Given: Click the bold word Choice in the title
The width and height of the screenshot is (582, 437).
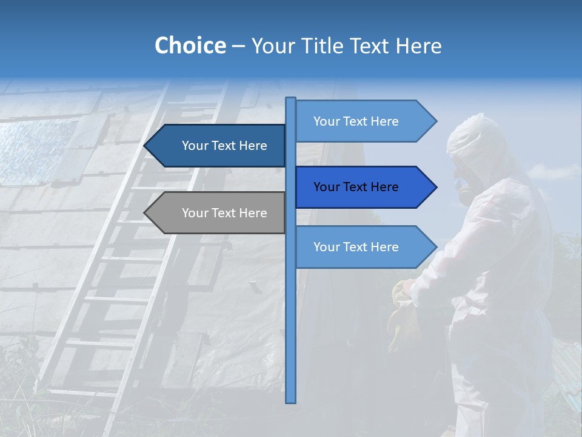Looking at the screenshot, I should tap(190, 46).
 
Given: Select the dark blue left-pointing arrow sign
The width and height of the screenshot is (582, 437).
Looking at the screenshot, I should tap(218, 146).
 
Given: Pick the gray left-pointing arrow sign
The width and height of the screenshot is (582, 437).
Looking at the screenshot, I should tap(218, 213).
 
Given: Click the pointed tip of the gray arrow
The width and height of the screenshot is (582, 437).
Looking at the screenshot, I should tap(146, 213).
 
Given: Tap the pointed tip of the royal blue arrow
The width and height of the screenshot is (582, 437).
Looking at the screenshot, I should tap(435, 187).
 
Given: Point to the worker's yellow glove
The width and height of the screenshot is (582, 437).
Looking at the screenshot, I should tap(403, 316).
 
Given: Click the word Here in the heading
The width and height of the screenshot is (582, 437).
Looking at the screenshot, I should tap(418, 46).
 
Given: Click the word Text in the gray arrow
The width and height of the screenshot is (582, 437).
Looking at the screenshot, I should tap(224, 213).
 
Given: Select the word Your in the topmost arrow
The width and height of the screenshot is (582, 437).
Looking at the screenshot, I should tap(326, 121).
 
